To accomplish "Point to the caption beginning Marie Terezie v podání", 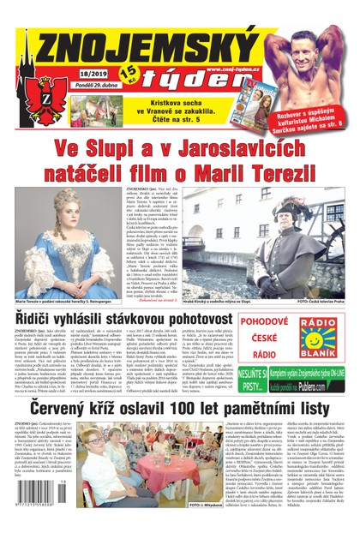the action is [63, 302].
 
